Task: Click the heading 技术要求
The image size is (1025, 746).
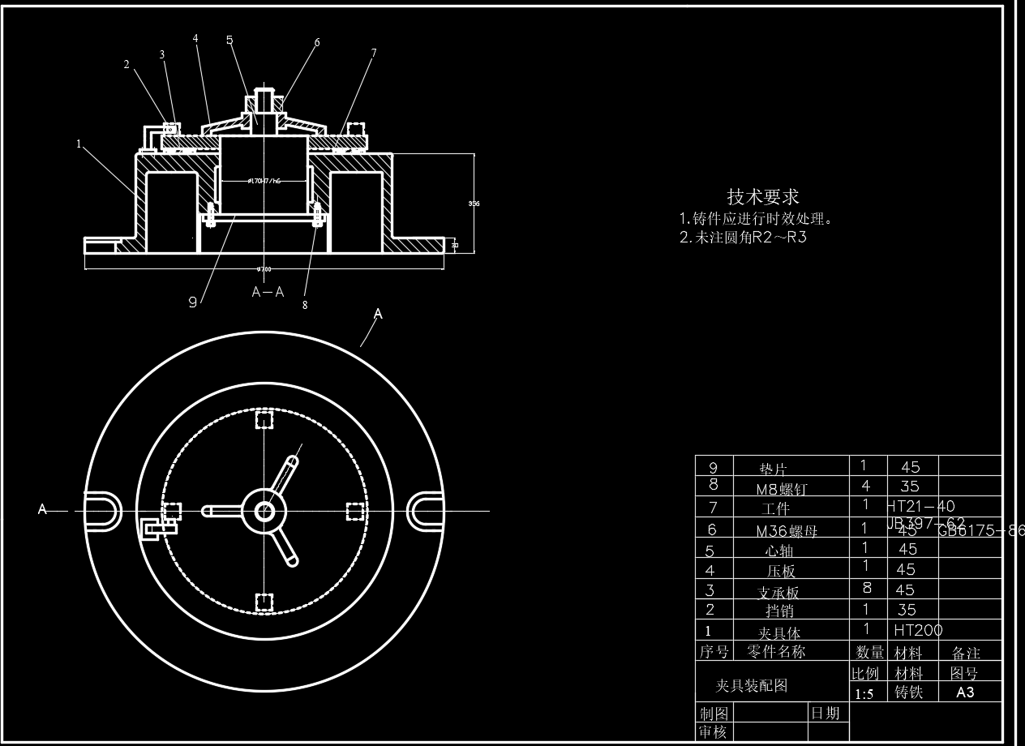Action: click(762, 196)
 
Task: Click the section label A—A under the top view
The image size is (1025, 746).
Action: click(268, 293)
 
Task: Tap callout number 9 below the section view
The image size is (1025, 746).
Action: click(193, 302)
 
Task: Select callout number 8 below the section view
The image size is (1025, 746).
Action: click(305, 306)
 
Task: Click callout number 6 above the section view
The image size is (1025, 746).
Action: click(317, 42)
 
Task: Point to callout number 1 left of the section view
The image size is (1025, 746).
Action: click(79, 144)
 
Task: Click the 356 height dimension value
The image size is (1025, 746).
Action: click(474, 204)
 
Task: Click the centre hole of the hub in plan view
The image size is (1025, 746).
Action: click(264, 511)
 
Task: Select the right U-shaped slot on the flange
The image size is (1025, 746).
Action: click(425, 511)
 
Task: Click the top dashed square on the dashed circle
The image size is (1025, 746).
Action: click(264, 420)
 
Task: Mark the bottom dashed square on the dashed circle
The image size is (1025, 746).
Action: click(264, 601)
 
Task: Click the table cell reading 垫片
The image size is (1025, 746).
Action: click(773, 468)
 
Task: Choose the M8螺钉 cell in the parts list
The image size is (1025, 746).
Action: click(781, 488)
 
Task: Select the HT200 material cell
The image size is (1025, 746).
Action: click(918, 629)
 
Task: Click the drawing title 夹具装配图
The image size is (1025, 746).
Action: click(751, 686)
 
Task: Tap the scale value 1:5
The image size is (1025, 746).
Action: click(864, 694)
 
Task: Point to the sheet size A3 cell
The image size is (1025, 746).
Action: click(965, 692)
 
